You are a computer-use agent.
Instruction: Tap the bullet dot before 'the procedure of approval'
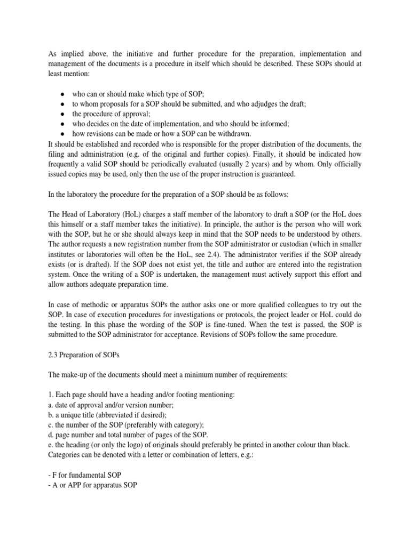[62, 114]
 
